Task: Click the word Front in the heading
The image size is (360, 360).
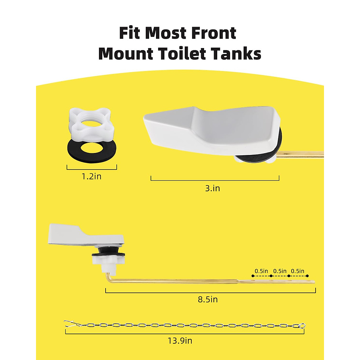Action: click(x=210, y=33)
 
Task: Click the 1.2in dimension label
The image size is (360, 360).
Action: click(x=91, y=176)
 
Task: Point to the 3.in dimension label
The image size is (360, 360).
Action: click(x=212, y=188)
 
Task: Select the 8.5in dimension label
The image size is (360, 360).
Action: click(x=208, y=299)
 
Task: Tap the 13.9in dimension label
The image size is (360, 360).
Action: click(x=180, y=341)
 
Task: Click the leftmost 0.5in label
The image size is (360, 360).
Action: click(x=261, y=271)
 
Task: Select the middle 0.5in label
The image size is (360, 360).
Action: click(x=280, y=271)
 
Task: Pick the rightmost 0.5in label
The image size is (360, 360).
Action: click(x=298, y=271)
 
